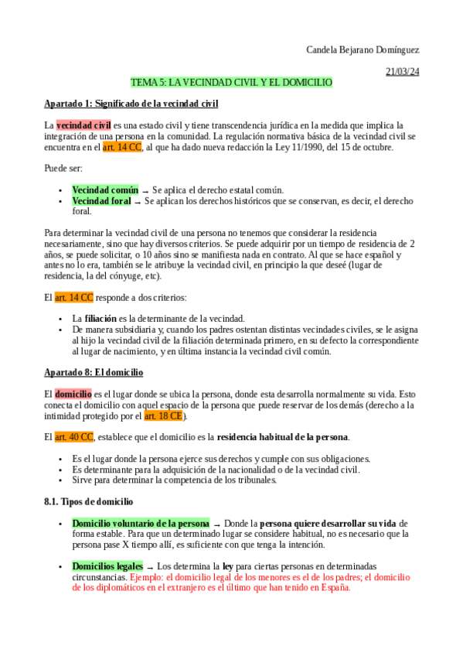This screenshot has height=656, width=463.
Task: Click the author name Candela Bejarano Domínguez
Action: [363, 50]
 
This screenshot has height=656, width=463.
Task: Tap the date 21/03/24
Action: [402, 72]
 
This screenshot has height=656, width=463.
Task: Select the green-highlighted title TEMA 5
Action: [231, 82]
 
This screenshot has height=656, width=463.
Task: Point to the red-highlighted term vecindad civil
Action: [83, 125]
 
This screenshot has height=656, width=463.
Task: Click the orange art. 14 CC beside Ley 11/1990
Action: [122, 147]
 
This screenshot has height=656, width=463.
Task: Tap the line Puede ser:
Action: [63, 168]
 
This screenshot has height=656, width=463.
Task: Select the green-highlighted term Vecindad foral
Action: [101, 200]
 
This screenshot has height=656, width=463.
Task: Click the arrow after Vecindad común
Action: [145, 190]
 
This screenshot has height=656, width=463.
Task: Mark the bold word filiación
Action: [100, 318]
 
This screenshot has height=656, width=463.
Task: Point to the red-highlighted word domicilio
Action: [73, 394]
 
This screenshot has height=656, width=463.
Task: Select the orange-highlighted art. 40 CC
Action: [73, 437]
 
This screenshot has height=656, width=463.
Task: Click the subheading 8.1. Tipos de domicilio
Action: [89, 501]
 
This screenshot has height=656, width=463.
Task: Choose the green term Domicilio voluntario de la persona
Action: [141, 523]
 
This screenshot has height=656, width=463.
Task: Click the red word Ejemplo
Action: [148, 577]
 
